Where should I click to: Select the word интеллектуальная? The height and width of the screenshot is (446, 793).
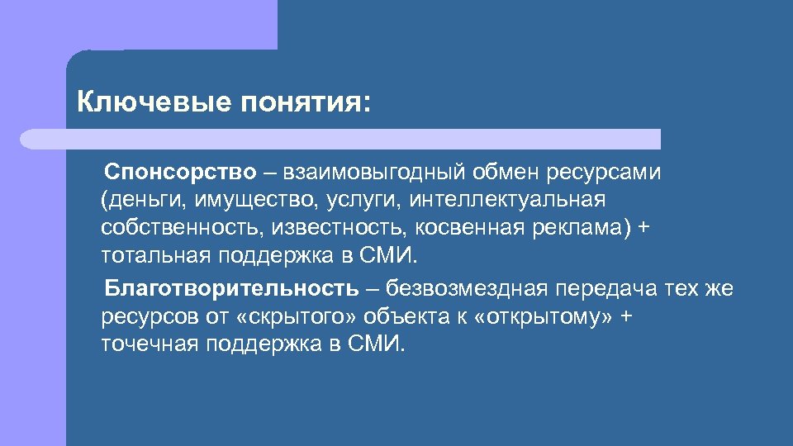point(507,199)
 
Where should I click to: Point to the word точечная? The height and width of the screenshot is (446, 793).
point(150,343)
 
